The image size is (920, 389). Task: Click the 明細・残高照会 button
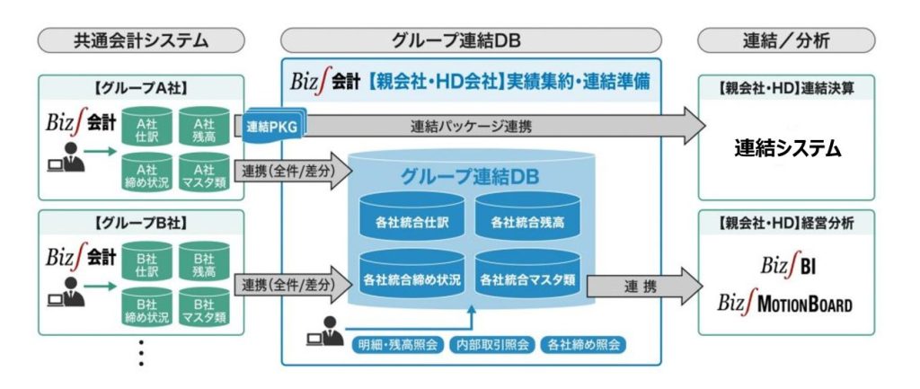click(x=397, y=343)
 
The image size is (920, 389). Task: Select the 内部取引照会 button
click(x=491, y=343)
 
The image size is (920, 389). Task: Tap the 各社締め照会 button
click(x=581, y=343)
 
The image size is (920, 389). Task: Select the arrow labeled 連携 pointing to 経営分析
click(x=640, y=286)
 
